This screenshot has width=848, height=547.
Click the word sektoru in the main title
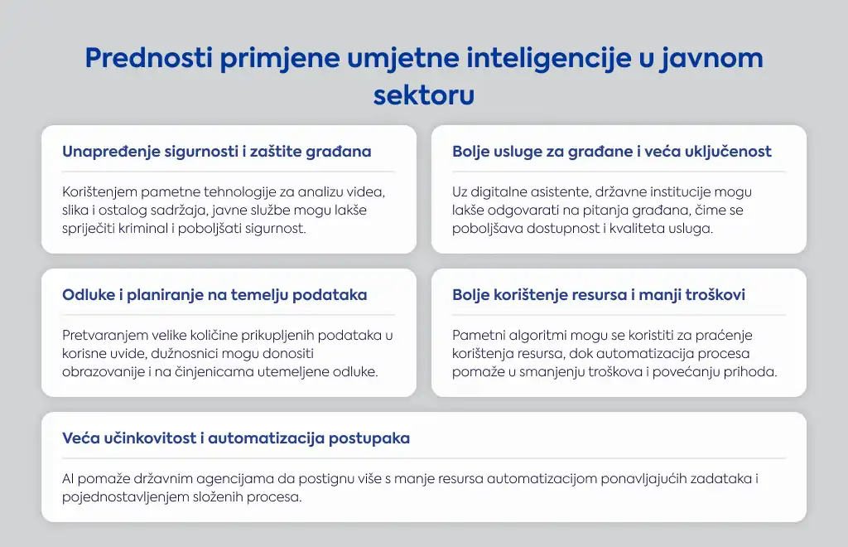coord(424,95)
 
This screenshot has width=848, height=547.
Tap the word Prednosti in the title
coord(149,58)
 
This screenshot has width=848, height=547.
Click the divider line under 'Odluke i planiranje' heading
coord(229,315)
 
